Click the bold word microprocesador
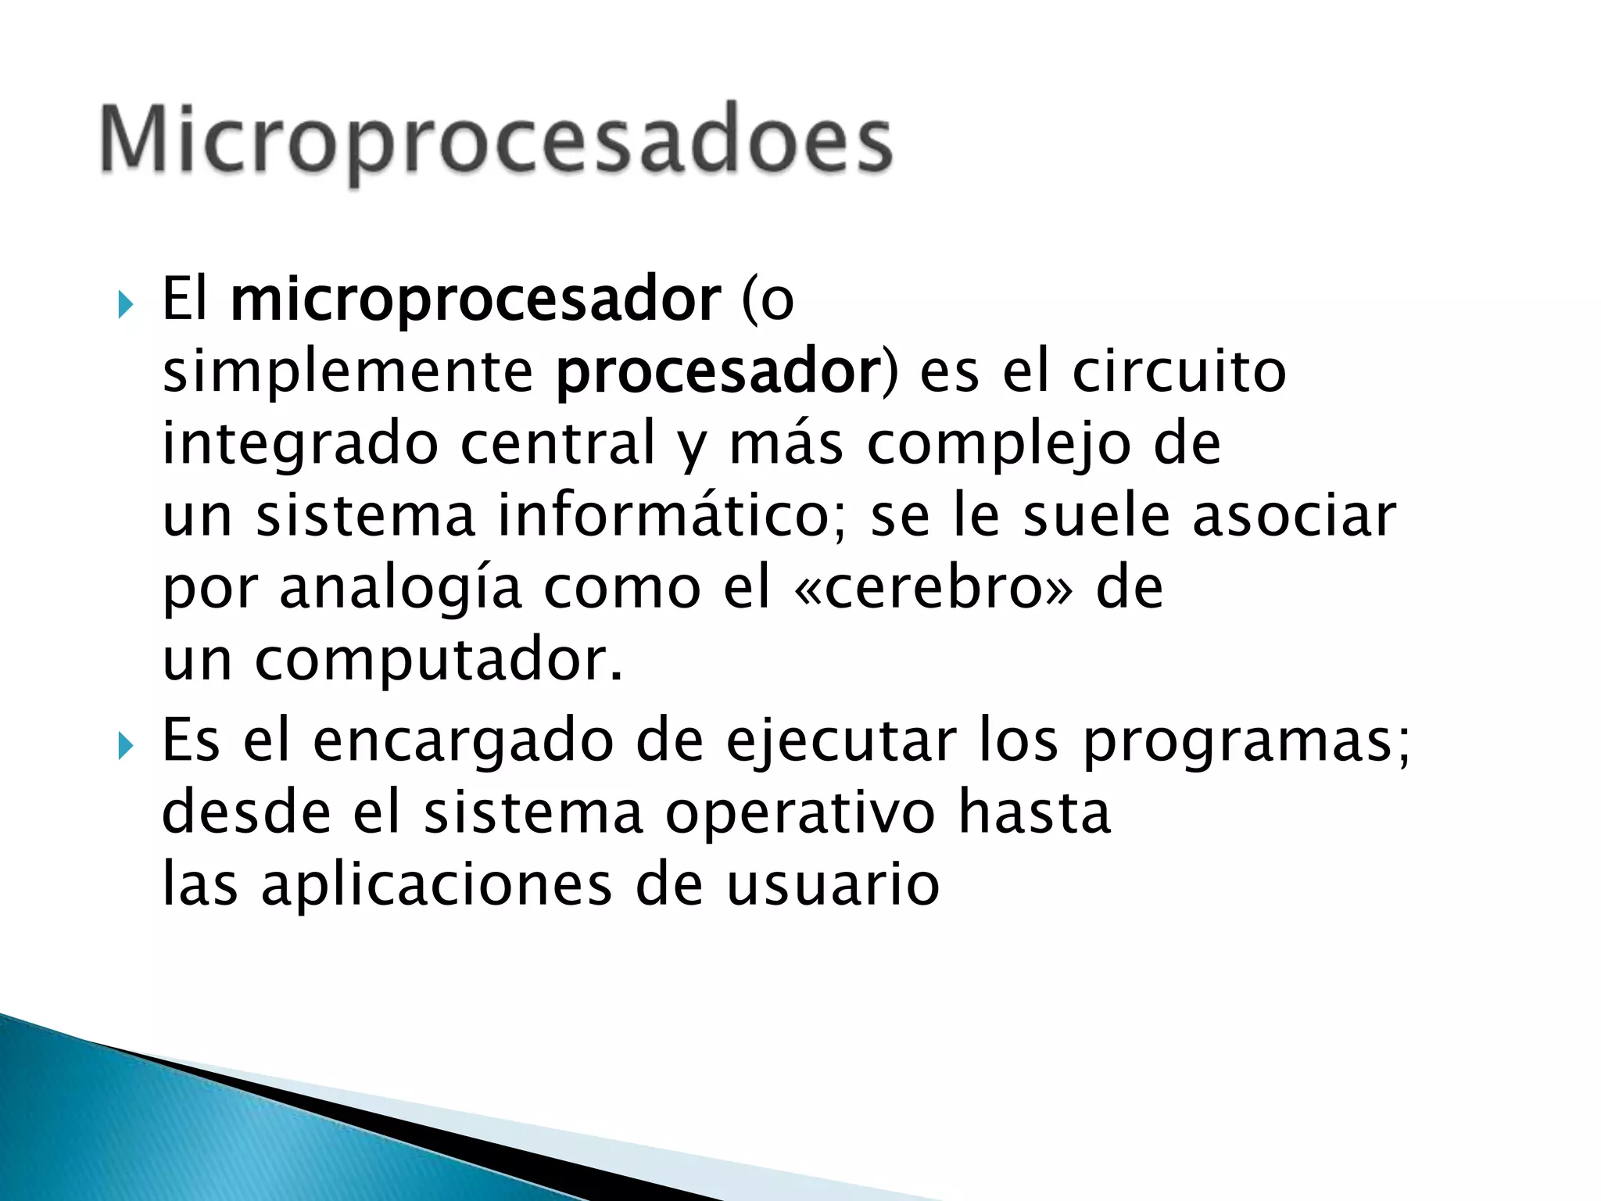[475, 299]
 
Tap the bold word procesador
[718, 371]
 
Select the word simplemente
[348, 371]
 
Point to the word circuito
[1179, 371]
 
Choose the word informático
[663, 516]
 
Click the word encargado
[463, 740]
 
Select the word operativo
[800, 813]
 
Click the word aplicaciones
[436, 886]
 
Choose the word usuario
[833, 886]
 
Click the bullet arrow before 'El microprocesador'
[126, 304]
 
